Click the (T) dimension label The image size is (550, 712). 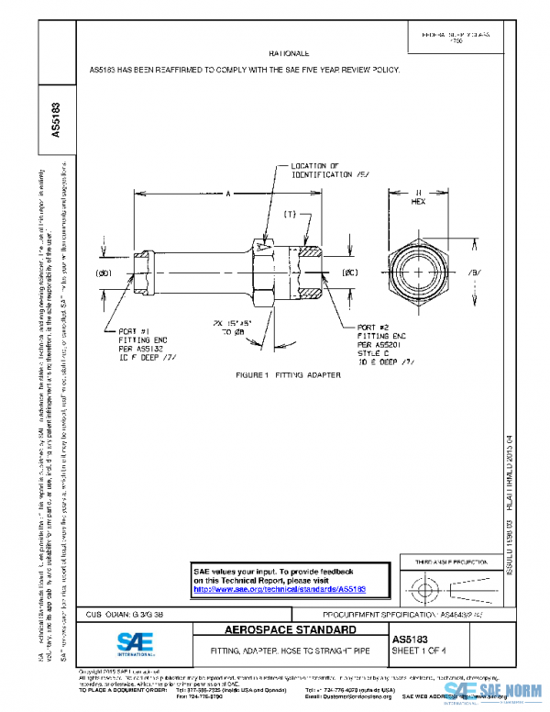(290, 215)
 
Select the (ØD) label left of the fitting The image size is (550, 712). (104, 273)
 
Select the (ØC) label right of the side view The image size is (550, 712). (349, 273)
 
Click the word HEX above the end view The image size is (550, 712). (418, 201)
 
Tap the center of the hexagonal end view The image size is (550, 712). (419, 273)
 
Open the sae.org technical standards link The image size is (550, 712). (280, 589)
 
